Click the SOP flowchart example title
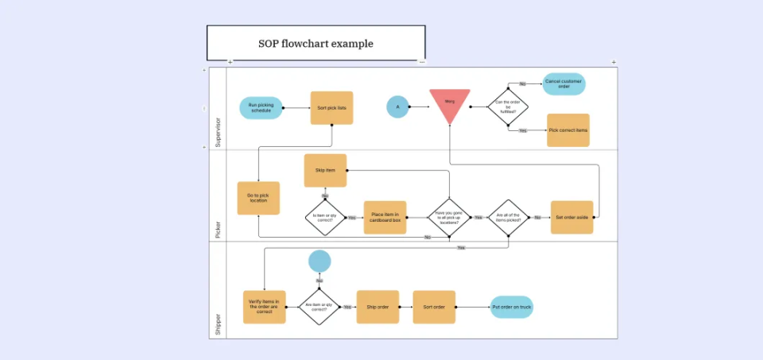(316, 44)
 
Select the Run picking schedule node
(261, 108)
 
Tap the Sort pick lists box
(331, 107)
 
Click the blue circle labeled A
(398, 106)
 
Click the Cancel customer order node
(564, 84)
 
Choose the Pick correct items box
(568, 130)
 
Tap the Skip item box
(325, 170)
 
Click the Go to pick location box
(258, 198)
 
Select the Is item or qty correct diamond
(325, 217)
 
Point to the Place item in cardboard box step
(385, 217)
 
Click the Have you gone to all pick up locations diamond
(449, 217)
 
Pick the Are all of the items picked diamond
(509, 217)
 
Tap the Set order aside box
(571, 217)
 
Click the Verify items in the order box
(264, 307)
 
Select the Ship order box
(378, 307)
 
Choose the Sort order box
(434, 307)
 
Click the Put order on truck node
(511, 307)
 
